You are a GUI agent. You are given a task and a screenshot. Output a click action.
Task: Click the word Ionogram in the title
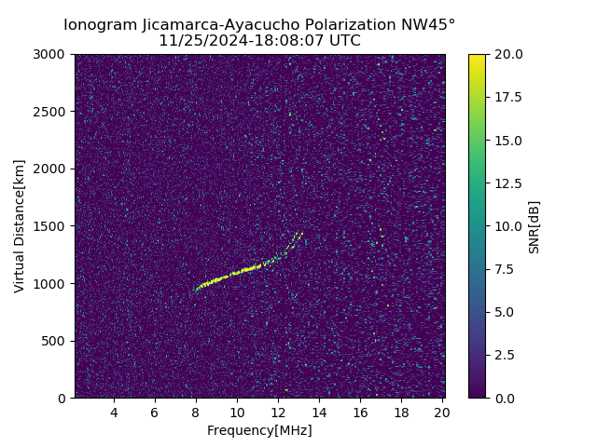(97, 25)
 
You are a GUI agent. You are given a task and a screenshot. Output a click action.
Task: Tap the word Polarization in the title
(336, 25)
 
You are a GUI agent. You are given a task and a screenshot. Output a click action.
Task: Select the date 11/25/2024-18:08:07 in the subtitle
(239, 41)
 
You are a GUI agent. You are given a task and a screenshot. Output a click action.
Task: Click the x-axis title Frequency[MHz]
(259, 430)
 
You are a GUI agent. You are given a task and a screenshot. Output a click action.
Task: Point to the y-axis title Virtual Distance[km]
(20, 225)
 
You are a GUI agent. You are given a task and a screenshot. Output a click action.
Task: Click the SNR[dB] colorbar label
(535, 226)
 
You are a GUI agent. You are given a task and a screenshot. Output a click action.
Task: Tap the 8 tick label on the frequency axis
(196, 413)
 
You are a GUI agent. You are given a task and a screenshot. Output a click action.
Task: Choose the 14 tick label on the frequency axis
(319, 413)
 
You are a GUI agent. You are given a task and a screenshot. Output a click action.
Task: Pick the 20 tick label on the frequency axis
(442, 413)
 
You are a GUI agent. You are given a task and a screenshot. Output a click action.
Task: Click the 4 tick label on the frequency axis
(114, 413)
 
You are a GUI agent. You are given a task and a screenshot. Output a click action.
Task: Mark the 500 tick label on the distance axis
(55, 341)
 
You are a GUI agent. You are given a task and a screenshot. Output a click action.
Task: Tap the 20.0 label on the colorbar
(508, 54)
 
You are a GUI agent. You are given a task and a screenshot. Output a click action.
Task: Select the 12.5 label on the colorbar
(508, 183)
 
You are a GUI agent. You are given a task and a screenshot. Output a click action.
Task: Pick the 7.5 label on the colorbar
(505, 269)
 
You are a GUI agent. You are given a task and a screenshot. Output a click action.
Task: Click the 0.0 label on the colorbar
(505, 398)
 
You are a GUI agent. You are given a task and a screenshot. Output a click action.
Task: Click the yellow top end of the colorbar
(477, 58)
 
